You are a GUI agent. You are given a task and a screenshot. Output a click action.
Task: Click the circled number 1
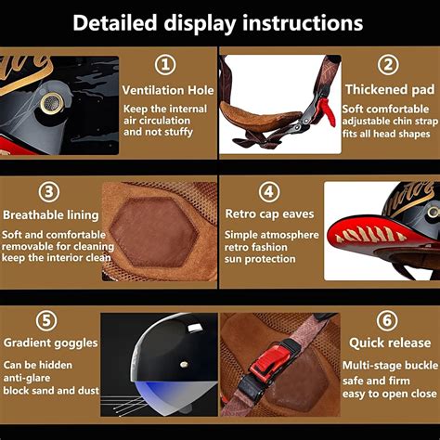click(x=165, y=65)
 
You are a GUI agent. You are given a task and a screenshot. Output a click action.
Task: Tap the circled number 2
click(x=388, y=64)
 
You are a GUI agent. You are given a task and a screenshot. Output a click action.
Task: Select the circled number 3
click(x=49, y=191)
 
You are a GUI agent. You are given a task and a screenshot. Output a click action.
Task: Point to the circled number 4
click(x=269, y=191)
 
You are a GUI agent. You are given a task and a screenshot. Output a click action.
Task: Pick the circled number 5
click(x=46, y=320)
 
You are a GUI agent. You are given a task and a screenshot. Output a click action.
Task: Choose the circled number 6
click(x=387, y=320)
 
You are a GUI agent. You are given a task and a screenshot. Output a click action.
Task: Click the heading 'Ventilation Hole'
click(x=168, y=90)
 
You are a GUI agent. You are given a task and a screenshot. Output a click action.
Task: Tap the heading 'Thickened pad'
click(x=390, y=90)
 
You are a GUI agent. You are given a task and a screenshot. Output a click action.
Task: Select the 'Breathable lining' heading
click(x=51, y=215)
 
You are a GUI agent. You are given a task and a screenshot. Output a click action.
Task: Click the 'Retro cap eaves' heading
click(x=269, y=214)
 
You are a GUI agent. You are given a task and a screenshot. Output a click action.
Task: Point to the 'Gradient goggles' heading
click(x=51, y=343)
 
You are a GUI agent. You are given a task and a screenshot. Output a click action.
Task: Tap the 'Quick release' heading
click(x=390, y=343)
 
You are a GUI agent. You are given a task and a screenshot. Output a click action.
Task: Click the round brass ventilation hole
click(x=52, y=102)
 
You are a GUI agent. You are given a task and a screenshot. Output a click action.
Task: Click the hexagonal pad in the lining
click(x=153, y=233)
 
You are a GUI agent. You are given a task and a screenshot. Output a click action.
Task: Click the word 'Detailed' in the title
click(x=115, y=23)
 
